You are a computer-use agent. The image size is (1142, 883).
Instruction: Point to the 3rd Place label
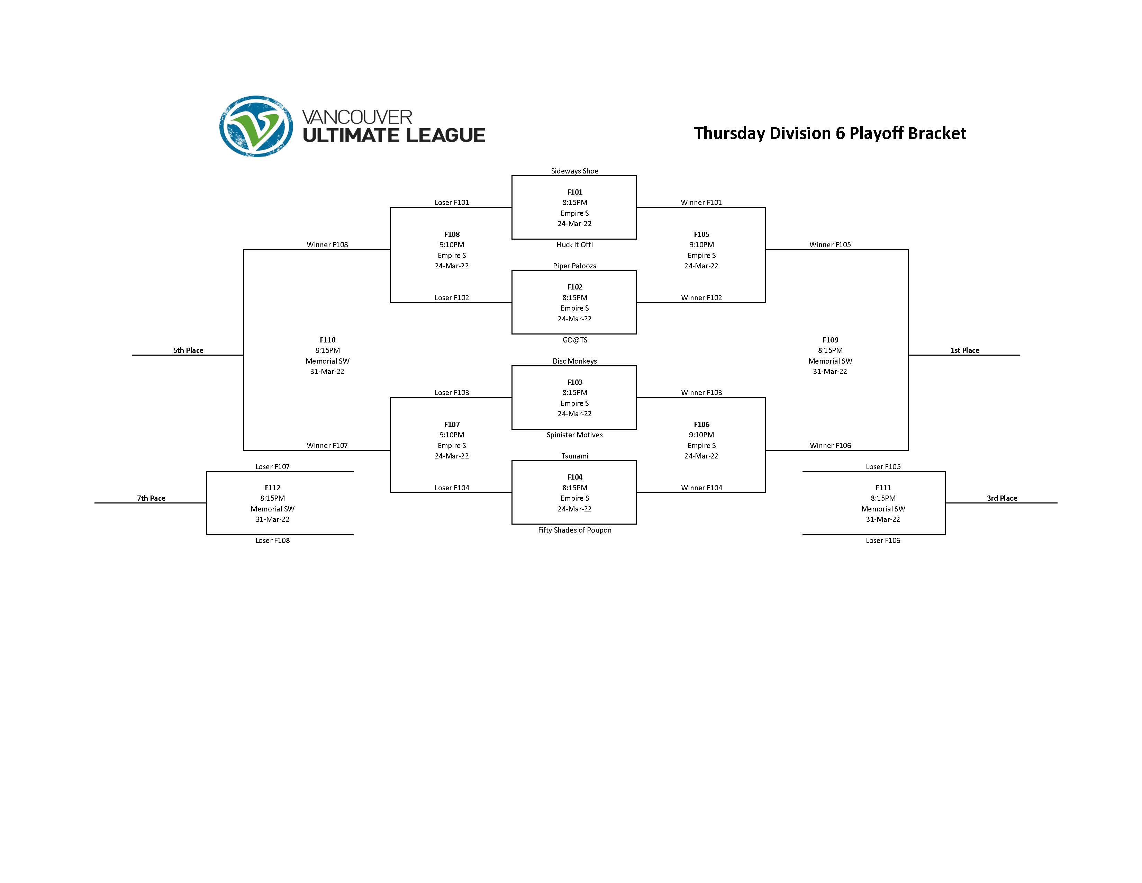pyautogui.click(x=1001, y=498)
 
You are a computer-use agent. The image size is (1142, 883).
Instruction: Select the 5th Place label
pyautogui.click(x=188, y=350)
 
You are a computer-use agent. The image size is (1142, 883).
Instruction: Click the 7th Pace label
pyautogui.click(x=151, y=498)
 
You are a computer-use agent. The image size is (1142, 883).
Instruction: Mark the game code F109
pyautogui.click(x=830, y=340)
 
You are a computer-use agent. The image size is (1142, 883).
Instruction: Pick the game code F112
pyautogui.click(x=272, y=488)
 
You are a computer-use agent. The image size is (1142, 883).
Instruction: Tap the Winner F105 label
pyautogui.click(x=830, y=245)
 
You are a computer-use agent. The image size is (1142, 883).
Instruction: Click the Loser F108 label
pyautogui.click(x=272, y=541)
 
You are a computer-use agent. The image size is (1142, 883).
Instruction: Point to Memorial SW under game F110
pyautogui.click(x=327, y=361)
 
